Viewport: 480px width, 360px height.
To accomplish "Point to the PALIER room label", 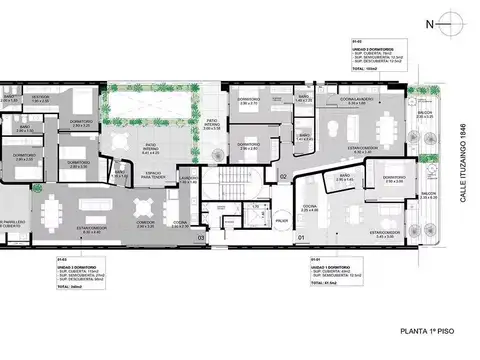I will pyautogui.click(x=282, y=221).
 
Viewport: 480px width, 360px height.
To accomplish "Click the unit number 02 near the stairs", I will pyautogui.click(x=284, y=176).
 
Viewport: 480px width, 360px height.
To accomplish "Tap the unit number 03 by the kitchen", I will pyautogui.click(x=201, y=238).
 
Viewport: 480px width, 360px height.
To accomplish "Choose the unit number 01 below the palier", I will pyautogui.click(x=300, y=237).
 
